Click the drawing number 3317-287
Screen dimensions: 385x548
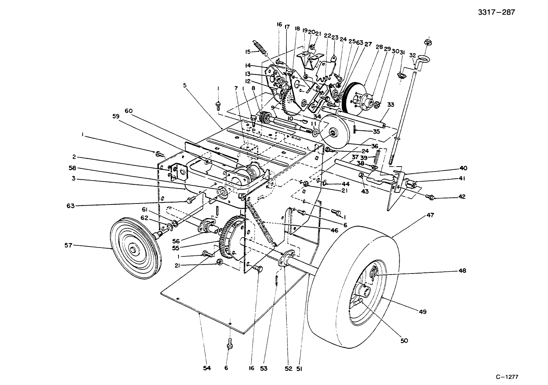tap(496, 12)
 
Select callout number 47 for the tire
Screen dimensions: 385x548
tap(431, 215)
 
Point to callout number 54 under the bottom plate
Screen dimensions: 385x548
tap(207, 368)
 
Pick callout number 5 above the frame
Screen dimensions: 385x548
tap(185, 85)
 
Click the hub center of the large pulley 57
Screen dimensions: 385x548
tap(133, 249)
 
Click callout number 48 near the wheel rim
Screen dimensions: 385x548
tap(462, 271)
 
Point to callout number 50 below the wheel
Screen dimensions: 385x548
tap(404, 341)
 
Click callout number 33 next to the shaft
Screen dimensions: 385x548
tap(391, 105)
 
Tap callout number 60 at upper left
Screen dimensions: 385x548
tap(128, 111)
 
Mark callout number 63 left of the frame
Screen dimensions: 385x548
tap(71, 206)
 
